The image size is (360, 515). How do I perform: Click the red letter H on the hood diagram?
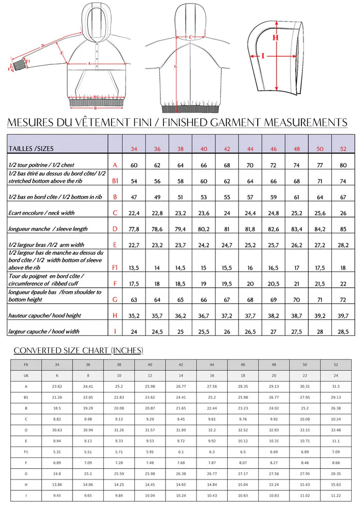[x=276, y=37]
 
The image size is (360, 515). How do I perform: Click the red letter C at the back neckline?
[x=190, y=37]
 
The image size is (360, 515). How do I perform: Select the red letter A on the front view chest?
[x=89, y=63]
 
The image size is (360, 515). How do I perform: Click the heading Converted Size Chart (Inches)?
[x=78, y=350]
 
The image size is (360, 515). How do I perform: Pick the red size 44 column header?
[x=250, y=149]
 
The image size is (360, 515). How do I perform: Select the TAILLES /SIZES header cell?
[x=31, y=149]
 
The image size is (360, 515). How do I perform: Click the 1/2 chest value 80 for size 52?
[x=343, y=165]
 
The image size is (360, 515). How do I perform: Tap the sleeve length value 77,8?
[x=134, y=229]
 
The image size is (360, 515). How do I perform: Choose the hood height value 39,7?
[x=343, y=315]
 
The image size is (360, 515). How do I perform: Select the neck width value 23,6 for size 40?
[x=204, y=213]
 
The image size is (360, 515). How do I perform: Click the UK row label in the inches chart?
[x=26, y=376]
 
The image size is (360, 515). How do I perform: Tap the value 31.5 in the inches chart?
[x=335, y=387]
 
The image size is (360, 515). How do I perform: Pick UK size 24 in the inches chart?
[x=335, y=376]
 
